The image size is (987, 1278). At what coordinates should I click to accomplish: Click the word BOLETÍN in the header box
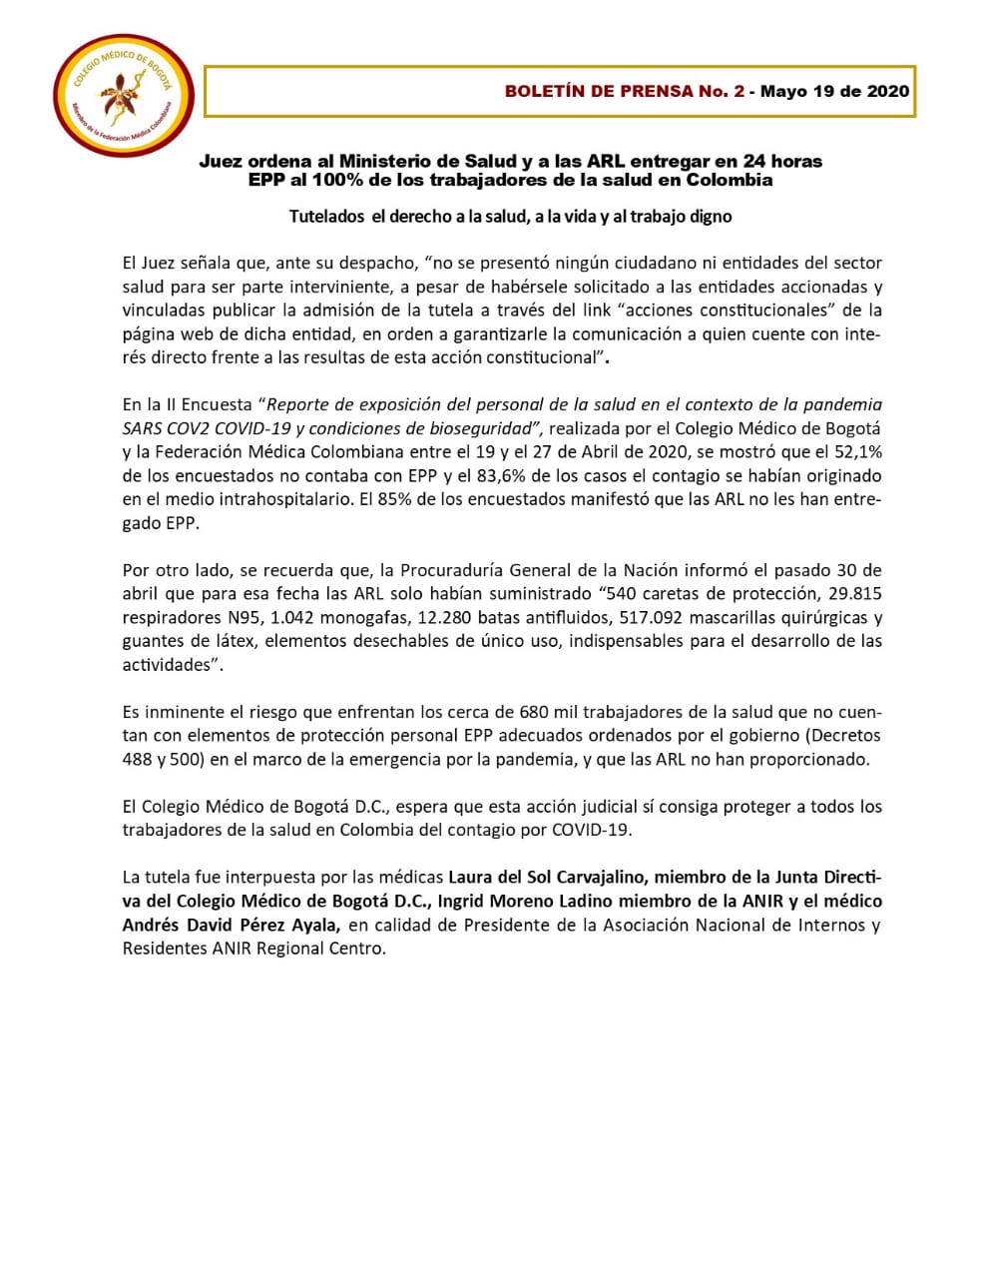pos(544,92)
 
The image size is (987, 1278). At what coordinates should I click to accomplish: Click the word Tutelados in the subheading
pos(326,216)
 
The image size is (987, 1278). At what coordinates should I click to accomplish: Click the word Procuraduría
pos(451,570)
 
